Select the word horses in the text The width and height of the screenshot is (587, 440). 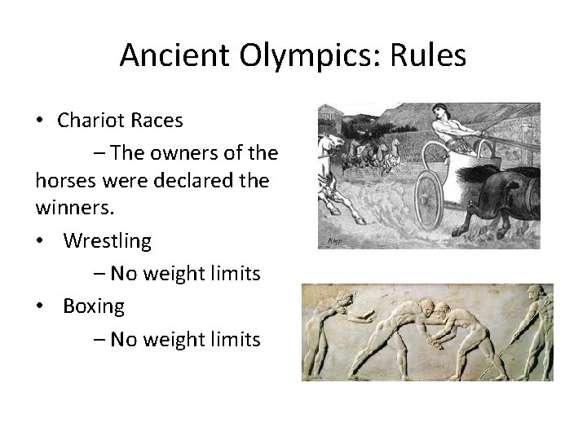pyautogui.click(x=65, y=181)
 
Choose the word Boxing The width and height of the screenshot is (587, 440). pyautogui.click(x=94, y=306)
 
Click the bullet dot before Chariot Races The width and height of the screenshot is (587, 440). pyautogui.click(x=40, y=121)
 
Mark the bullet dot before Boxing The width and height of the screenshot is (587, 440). pyautogui.click(x=40, y=306)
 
